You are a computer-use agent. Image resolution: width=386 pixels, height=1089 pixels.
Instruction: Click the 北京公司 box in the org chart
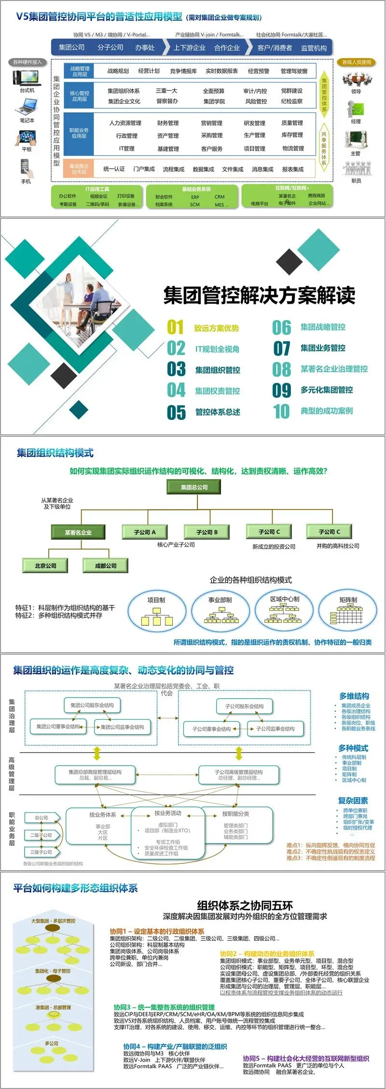tap(45, 565)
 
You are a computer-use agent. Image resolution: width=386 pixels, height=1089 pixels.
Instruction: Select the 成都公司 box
tap(106, 565)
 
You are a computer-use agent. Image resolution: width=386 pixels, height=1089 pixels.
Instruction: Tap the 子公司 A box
tap(145, 532)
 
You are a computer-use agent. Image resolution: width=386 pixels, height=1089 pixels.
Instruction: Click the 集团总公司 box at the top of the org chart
tap(194, 487)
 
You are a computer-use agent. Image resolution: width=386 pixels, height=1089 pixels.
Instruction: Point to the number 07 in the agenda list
tap(282, 348)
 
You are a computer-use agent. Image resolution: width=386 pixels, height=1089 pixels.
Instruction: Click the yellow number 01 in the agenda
tap(176, 328)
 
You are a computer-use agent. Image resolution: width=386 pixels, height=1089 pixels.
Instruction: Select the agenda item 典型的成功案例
tap(327, 411)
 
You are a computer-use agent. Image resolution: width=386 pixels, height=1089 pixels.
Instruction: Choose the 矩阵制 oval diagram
tap(348, 611)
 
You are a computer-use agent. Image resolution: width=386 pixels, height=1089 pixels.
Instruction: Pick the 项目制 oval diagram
tap(156, 611)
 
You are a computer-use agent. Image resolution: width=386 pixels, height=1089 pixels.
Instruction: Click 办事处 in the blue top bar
tap(145, 47)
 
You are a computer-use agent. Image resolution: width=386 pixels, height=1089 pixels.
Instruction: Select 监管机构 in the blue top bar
tap(314, 48)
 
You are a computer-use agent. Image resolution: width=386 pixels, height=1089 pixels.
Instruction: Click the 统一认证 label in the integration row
tap(114, 169)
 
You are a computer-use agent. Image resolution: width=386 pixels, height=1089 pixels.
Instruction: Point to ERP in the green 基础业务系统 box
tap(195, 197)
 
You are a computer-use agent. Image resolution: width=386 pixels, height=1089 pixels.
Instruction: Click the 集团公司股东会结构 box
tap(92, 705)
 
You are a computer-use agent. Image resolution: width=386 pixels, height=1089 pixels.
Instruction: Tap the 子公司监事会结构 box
tap(276, 729)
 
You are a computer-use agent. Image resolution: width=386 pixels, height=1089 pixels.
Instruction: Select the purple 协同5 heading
tap(306, 1058)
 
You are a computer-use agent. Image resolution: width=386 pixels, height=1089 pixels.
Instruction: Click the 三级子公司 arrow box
tap(41, 852)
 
